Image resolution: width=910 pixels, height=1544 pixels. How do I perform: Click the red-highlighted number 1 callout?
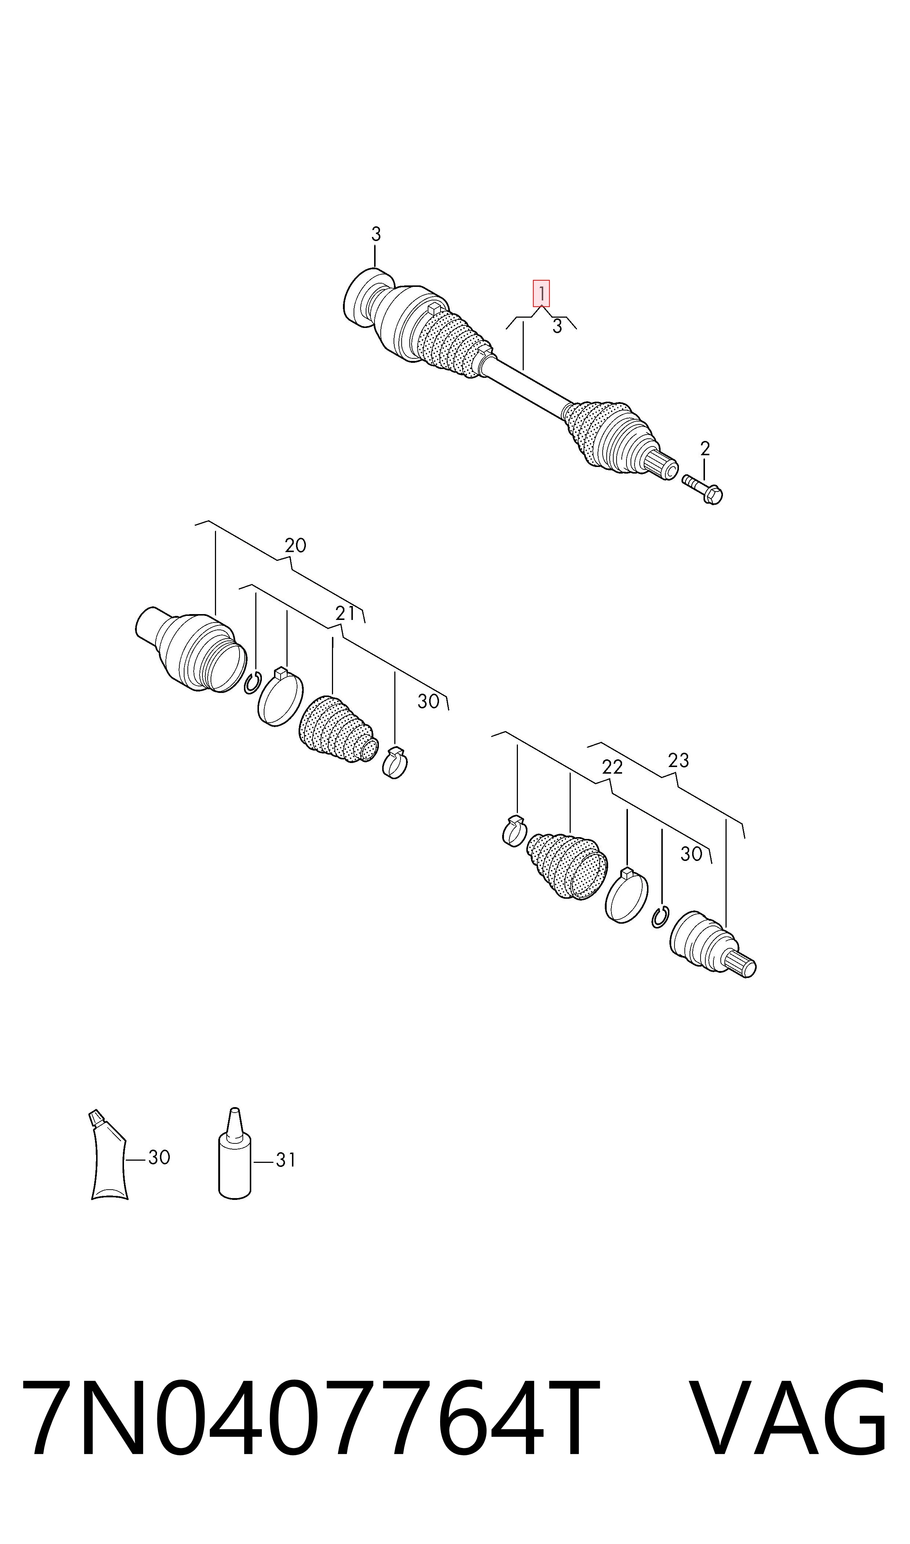click(x=541, y=294)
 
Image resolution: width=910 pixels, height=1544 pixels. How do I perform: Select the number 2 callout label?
click(x=705, y=449)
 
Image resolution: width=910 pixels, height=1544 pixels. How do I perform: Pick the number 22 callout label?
click(x=612, y=767)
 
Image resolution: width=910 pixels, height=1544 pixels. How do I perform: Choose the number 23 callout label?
click(x=678, y=760)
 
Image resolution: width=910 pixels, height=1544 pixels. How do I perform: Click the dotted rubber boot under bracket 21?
click(x=337, y=729)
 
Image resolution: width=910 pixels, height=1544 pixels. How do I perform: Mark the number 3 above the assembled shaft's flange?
click(x=376, y=234)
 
